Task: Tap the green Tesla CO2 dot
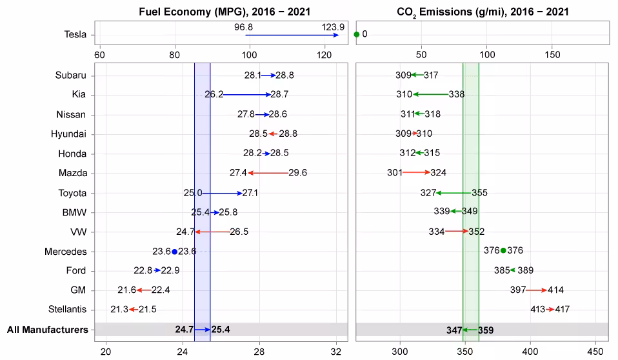coord(357,34)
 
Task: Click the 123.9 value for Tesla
coord(334,27)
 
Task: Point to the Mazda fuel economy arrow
coord(268,173)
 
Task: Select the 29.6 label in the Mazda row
coord(298,173)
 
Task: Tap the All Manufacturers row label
coord(47,330)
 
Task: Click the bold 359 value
coord(486,330)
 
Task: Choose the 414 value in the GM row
coord(556,290)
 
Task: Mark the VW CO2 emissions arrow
coord(456,232)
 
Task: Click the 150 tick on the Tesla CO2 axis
coord(553,55)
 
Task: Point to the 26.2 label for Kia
coord(214,95)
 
